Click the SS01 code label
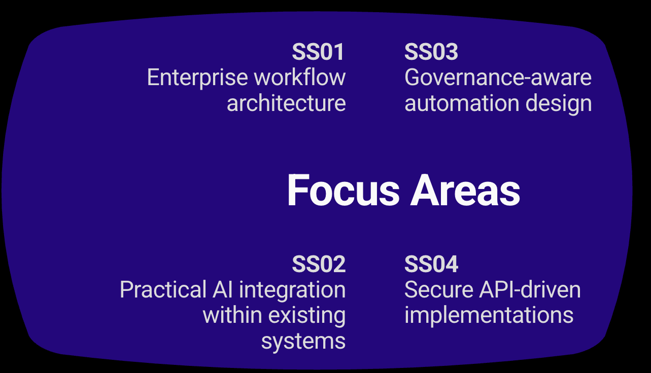point(319,52)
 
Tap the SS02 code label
point(319,265)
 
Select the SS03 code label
point(431,52)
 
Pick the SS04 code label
point(431,265)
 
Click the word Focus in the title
point(344,191)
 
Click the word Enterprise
point(198,78)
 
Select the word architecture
point(286,103)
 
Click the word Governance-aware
point(498,78)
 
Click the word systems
point(303,341)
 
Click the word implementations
point(489,316)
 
